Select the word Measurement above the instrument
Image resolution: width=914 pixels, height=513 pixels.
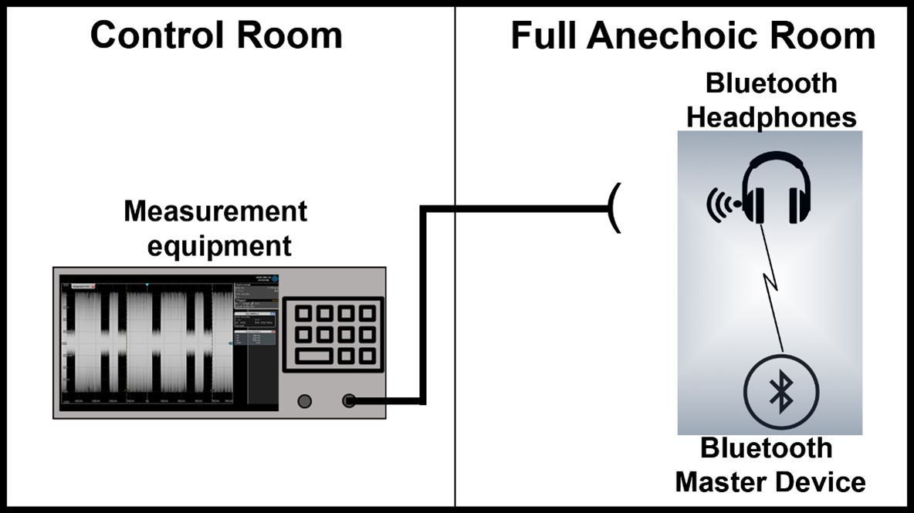(215, 211)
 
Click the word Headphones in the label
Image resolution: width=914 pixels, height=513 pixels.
(771, 117)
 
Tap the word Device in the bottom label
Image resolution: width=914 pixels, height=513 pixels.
(821, 482)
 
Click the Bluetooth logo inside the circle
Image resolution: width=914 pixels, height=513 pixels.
(782, 394)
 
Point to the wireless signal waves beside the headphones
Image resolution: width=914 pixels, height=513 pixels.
(721, 204)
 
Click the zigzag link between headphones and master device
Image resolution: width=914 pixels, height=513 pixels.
(772, 285)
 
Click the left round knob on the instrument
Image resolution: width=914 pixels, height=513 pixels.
(304, 400)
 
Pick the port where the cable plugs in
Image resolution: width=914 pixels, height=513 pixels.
(350, 400)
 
